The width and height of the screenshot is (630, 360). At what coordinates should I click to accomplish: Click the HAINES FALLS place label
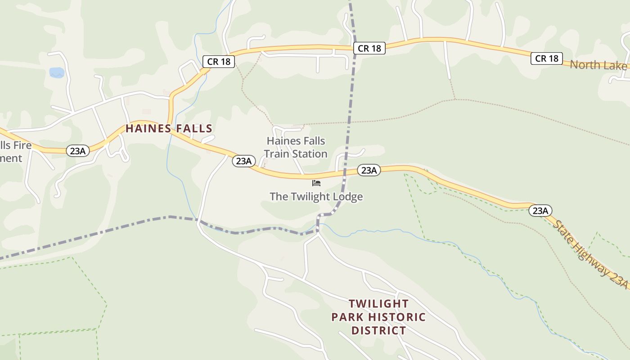click(169, 129)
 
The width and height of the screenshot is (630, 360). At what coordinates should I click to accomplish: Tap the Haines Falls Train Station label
click(296, 147)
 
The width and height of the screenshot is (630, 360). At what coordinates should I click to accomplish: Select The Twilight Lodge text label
click(316, 197)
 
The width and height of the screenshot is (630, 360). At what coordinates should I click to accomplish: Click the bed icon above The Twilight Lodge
click(316, 183)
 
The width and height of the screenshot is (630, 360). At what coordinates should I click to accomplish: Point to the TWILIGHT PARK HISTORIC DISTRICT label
click(378, 317)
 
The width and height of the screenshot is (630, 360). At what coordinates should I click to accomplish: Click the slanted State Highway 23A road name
click(590, 254)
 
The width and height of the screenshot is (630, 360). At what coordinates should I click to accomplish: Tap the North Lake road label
click(598, 65)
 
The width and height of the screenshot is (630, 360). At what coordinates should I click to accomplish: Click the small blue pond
click(57, 72)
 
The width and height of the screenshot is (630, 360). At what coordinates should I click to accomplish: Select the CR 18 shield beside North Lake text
click(547, 58)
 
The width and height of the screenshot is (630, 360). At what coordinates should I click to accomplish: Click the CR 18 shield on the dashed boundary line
click(369, 48)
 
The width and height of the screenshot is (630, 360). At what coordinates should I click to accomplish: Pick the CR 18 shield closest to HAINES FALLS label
click(219, 61)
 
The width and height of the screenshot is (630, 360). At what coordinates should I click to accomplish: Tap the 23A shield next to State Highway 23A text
click(540, 210)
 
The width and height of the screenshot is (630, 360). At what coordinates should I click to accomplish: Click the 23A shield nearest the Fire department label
click(78, 151)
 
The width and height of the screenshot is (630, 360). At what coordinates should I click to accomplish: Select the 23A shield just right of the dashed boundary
click(369, 170)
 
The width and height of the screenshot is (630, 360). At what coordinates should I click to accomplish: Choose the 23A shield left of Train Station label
click(244, 161)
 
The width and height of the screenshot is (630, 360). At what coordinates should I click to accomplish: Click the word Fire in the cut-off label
click(22, 145)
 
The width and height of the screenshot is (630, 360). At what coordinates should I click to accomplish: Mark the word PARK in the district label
click(346, 317)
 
